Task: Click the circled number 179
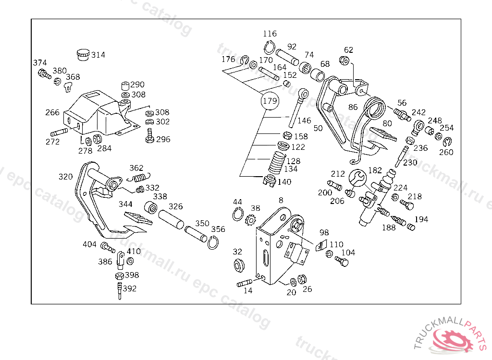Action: [270, 101]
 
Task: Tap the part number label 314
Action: [98, 55]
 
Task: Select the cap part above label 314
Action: [83, 54]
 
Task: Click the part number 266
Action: [52, 112]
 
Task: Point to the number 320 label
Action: [65, 176]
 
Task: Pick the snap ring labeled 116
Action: [269, 48]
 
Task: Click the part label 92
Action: [292, 47]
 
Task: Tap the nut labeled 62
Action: [344, 60]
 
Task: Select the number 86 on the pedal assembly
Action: [353, 107]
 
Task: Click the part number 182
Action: [375, 170]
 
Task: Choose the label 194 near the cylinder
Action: [421, 219]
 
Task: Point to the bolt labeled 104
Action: [342, 262]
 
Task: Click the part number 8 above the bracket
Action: [281, 200]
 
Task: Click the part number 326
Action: [175, 206]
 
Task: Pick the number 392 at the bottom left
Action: [129, 288]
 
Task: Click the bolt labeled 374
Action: [44, 74]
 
